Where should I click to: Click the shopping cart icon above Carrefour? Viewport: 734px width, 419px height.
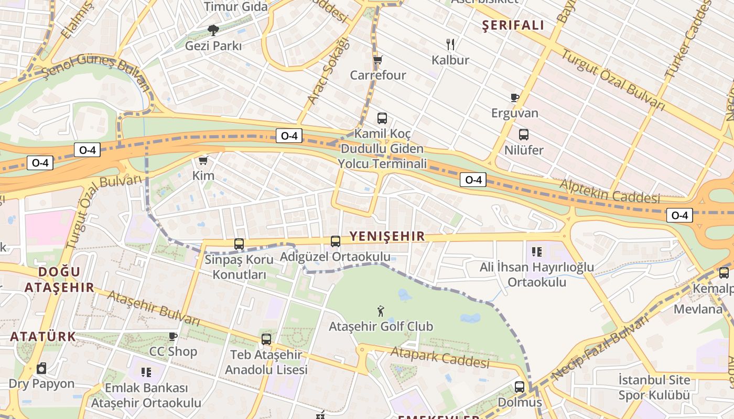[x=377, y=60]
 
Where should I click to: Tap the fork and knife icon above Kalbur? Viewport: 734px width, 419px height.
[x=450, y=44]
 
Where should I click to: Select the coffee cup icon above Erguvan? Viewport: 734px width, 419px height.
[x=514, y=97]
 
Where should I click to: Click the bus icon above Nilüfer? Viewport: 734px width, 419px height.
[x=523, y=135]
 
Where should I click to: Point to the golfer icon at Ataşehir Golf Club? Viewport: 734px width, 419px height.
[x=381, y=311]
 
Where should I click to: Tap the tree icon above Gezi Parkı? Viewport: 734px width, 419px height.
[x=213, y=30]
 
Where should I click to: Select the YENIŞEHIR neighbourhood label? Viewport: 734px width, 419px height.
[x=387, y=236]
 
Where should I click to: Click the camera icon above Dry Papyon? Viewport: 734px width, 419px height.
[x=41, y=368]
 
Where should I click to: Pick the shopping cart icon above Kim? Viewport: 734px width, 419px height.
[x=203, y=160]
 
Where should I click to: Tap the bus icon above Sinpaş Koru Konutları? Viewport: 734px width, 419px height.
[x=239, y=244]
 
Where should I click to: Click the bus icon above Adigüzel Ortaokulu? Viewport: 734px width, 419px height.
[x=336, y=241]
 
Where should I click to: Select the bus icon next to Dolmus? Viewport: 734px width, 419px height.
[x=519, y=387]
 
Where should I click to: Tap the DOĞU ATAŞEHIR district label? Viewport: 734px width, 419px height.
[x=59, y=279]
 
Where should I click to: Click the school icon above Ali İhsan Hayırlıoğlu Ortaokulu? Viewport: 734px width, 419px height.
[x=536, y=252]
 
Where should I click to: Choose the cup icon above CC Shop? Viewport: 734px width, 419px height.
[x=173, y=336]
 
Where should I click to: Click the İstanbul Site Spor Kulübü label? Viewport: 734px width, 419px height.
[x=654, y=387]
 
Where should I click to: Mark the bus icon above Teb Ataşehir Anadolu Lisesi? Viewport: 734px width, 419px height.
[x=266, y=339]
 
